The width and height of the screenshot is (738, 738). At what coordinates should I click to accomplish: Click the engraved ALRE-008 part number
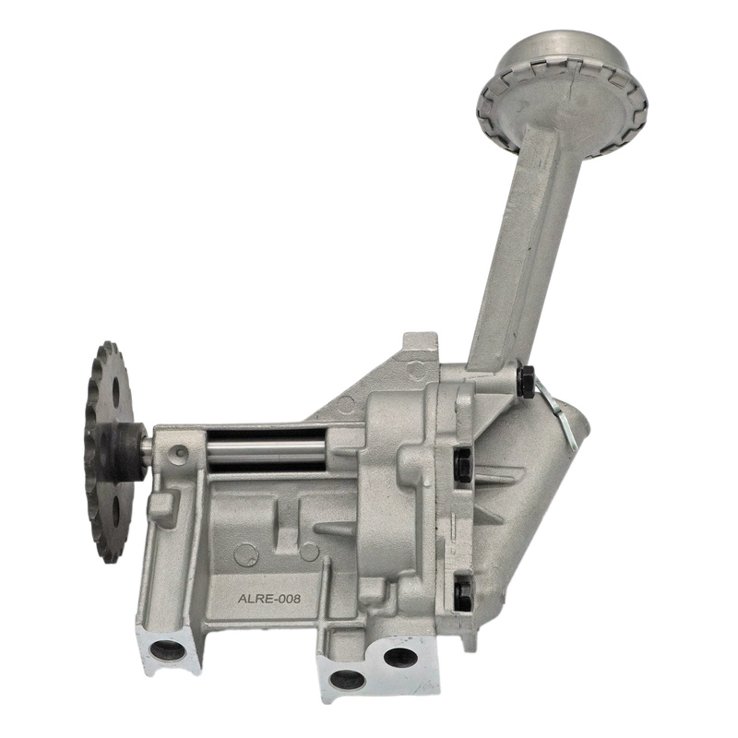[269, 599]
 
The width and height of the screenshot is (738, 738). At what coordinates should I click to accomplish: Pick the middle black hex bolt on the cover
[463, 465]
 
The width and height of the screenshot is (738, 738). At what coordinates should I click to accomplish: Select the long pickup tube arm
[532, 244]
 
